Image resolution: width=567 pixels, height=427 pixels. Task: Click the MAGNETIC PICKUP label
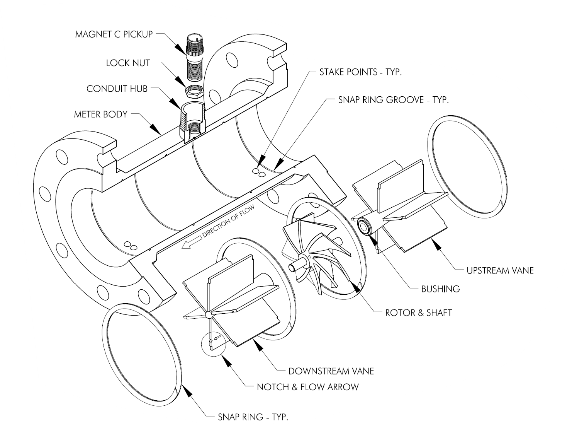[x=114, y=34]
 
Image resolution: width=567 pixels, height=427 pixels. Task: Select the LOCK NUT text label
[x=128, y=63]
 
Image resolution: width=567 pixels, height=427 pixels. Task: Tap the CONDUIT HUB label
[x=117, y=89]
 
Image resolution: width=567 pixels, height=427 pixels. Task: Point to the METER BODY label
[x=100, y=114]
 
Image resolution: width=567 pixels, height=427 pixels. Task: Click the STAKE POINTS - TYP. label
[x=360, y=72]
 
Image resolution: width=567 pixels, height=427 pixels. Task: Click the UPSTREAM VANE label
[x=500, y=270]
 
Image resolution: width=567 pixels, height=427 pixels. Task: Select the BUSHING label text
[x=440, y=289]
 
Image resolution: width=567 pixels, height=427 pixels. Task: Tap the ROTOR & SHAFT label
[x=418, y=312]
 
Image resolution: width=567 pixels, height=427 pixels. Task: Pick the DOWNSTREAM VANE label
[x=331, y=371]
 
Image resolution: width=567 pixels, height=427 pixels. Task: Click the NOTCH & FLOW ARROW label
[x=307, y=387]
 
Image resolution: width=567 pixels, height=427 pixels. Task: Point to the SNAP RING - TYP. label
[x=253, y=417]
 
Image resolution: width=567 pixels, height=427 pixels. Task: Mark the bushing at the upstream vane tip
[x=365, y=227]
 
